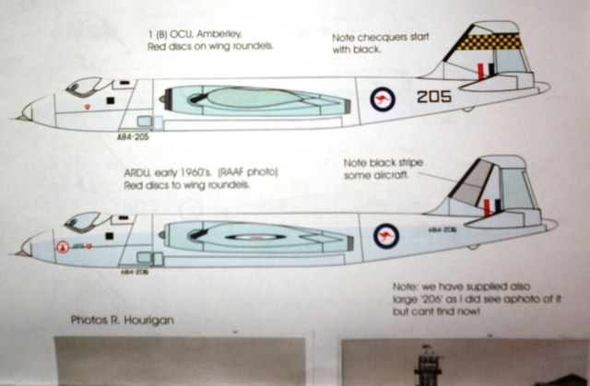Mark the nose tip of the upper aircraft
click(x=20, y=116)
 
